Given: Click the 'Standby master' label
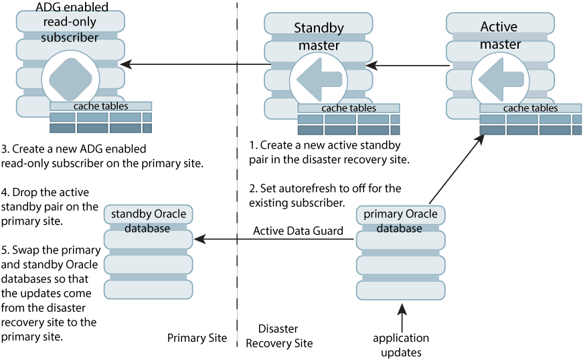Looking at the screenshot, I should tap(319, 37).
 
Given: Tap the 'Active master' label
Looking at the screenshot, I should tap(499, 35).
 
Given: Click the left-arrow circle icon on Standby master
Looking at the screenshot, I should tap(319, 79).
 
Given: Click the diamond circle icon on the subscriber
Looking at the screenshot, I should tap(70, 78).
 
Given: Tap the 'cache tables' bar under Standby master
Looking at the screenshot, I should tap(348, 108).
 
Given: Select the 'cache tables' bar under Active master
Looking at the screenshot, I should tap(530, 108).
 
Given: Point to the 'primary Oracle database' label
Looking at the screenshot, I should tap(400, 221).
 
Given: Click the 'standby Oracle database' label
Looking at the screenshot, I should tap(148, 221).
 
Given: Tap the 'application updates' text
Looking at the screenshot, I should tap(401, 345).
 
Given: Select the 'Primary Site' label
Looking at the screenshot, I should tap(197, 338).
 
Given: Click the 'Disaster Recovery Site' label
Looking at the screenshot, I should tap(278, 337).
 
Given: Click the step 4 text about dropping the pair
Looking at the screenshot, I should tap(50, 206).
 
